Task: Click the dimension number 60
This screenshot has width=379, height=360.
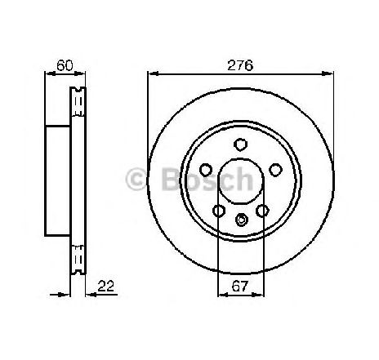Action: [x=61, y=63]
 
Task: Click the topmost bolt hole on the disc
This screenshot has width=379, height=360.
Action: [x=241, y=144]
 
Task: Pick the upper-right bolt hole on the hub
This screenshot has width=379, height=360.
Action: [x=275, y=170]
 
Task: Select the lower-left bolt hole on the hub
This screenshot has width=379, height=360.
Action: [x=219, y=211]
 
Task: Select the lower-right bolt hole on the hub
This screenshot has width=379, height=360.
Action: [x=262, y=211]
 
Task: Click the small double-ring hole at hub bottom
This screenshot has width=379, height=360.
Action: [x=241, y=219]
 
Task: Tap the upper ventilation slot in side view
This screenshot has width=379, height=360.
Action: [x=79, y=101]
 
